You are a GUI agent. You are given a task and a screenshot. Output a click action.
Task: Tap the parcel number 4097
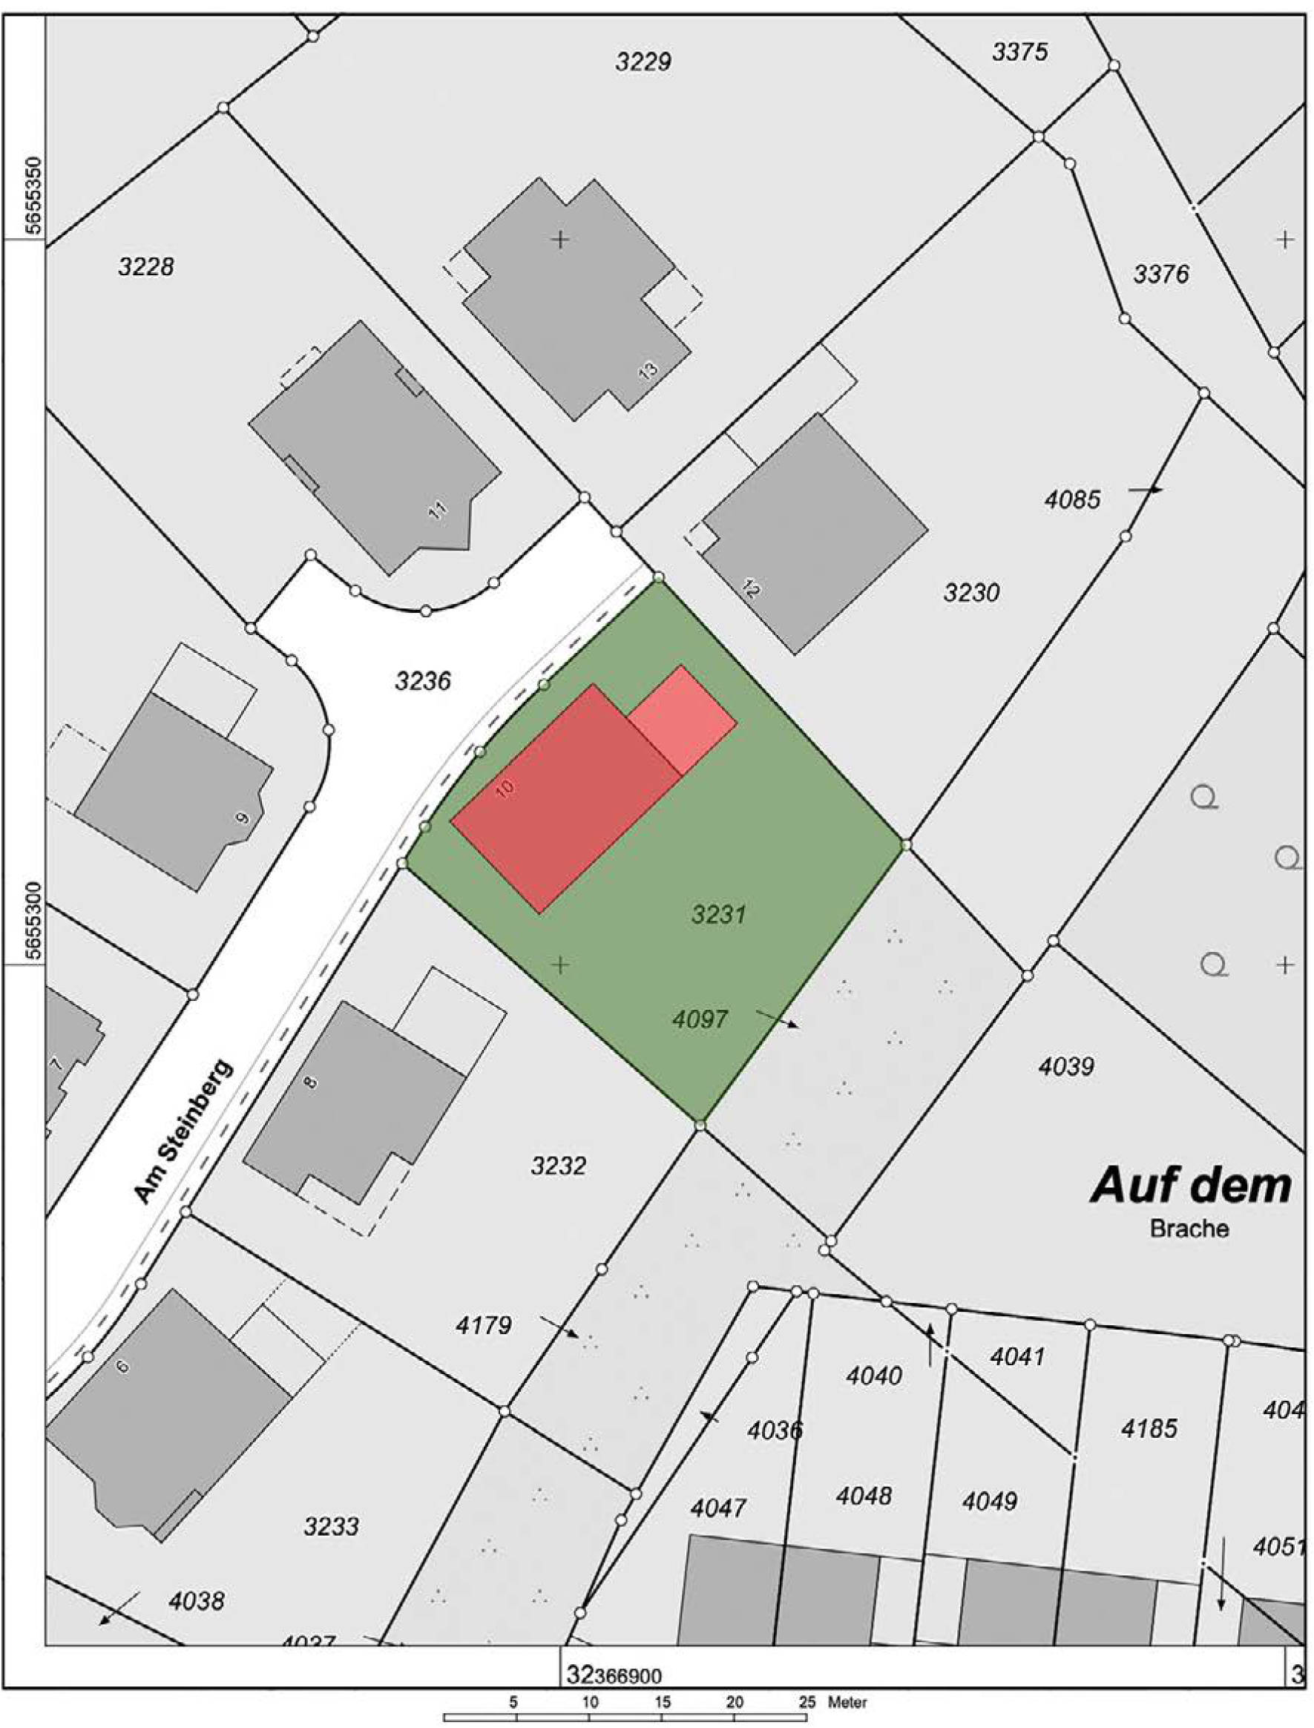tap(699, 1019)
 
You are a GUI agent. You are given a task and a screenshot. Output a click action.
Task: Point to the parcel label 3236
tap(422, 681)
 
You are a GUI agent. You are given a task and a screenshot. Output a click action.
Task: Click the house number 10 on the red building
tap(506, 788)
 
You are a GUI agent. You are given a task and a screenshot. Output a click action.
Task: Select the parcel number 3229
tap(643, 62)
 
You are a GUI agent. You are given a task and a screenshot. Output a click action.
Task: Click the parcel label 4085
tap(1072, 499)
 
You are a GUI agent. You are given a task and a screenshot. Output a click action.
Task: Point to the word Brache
tap(1188, 1228)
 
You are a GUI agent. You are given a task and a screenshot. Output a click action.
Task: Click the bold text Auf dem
tap(1189, 1186)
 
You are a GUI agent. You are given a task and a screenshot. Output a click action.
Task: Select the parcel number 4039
tap(1065, 1066)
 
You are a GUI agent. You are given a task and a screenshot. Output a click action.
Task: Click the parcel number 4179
tap(483, 1325)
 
